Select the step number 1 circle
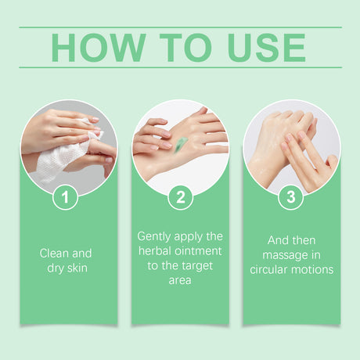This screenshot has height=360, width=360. [x=65, y=196]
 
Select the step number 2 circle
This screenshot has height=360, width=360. [x=180, y=196]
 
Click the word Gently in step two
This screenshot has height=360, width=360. [x=153, y=236]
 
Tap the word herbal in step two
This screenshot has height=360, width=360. [x=155, y=250]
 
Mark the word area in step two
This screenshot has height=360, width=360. [x=180, y=280]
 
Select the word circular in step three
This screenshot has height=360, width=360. [x=270, y=270]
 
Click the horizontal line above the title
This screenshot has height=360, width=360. [x=180, y=27]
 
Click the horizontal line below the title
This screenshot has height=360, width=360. [x=180, y=67]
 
